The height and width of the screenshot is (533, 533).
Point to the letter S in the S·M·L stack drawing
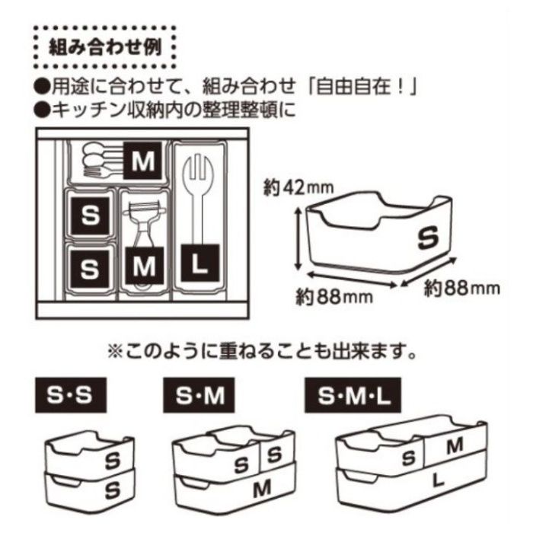tap(409, 458)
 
